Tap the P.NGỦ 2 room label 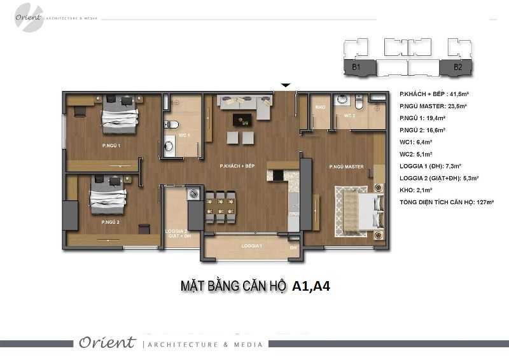(111, 223)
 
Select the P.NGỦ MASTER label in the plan (346, 167)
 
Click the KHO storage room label (320, 107)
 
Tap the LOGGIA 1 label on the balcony (252, 246)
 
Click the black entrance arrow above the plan (286, 85)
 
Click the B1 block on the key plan (356, 66)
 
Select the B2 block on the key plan (457, 66)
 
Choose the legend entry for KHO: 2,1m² (416, 190)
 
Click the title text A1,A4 (311, 287)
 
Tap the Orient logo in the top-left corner (29, 18)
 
